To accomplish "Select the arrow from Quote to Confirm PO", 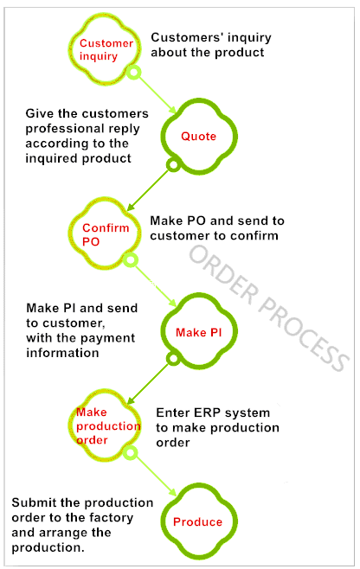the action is point(148,189).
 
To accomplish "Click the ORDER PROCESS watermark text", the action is point(269,308).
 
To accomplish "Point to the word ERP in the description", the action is point(205,412).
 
